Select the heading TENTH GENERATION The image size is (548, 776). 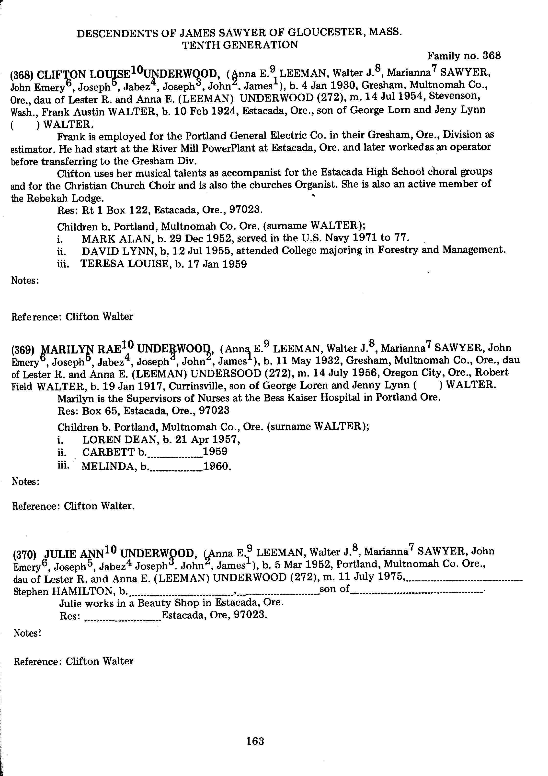click(240, 45)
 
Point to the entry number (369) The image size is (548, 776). click(23, 350)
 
